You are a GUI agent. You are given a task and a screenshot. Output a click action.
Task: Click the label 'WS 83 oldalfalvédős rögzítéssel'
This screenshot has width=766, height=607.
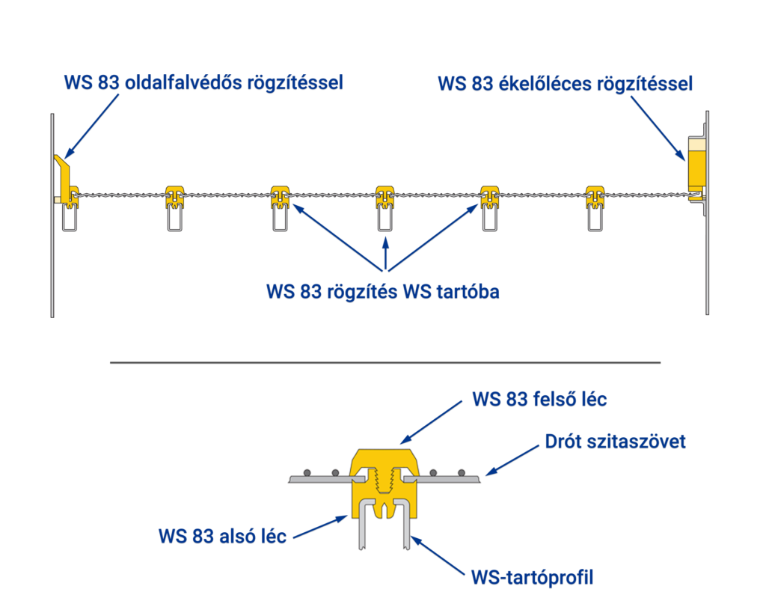coord(203,82)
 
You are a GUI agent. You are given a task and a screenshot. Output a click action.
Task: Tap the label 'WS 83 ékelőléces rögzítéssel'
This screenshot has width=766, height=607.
coord(566,83)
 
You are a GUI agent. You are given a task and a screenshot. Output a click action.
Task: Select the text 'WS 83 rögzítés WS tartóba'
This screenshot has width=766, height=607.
coord(382,291)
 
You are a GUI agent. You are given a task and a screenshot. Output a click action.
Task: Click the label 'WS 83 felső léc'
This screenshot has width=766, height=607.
coord(539,399)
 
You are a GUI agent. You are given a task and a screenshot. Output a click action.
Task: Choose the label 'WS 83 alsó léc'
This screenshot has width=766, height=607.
coord(222,537)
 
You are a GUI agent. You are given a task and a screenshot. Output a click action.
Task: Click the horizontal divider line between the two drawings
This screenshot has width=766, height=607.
coord(385,362)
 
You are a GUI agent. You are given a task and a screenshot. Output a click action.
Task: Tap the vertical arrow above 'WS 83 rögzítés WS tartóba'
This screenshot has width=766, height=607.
coord(385,252)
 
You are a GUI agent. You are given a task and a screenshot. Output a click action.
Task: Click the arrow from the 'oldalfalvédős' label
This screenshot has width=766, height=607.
coord(93,123)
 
